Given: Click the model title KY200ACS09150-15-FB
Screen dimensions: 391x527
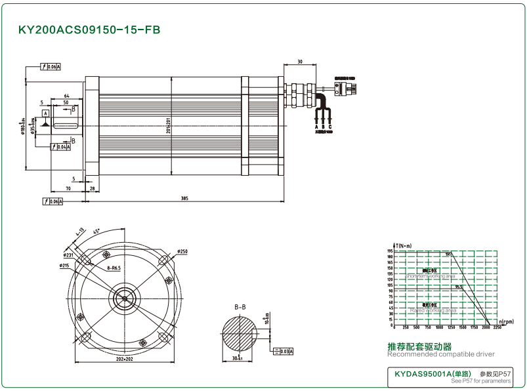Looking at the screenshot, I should click(89, 30).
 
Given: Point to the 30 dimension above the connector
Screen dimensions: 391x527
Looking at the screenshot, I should click(299, 62).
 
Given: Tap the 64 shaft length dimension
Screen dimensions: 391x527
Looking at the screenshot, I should click(66, 96).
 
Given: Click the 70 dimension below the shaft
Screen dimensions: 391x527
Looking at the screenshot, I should click(68, 188).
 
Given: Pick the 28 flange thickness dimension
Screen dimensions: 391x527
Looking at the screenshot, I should click(93, 188).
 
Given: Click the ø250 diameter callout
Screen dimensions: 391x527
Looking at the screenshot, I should click(182, 251).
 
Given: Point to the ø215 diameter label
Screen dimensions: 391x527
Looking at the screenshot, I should click(64, 266).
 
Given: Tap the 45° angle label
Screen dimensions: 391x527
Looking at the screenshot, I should click(96, 232).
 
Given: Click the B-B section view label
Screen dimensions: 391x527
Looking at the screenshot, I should click(240, 307).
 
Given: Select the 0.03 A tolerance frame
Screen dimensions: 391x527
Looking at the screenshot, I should click(284, 352).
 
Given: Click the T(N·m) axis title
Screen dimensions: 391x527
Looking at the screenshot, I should click(402, 245).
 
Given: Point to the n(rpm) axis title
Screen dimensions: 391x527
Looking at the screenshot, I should click(505, 321).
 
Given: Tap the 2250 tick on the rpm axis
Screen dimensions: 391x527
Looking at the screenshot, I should click(497, 327).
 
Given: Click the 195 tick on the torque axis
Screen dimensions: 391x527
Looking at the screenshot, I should click(390, 251).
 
